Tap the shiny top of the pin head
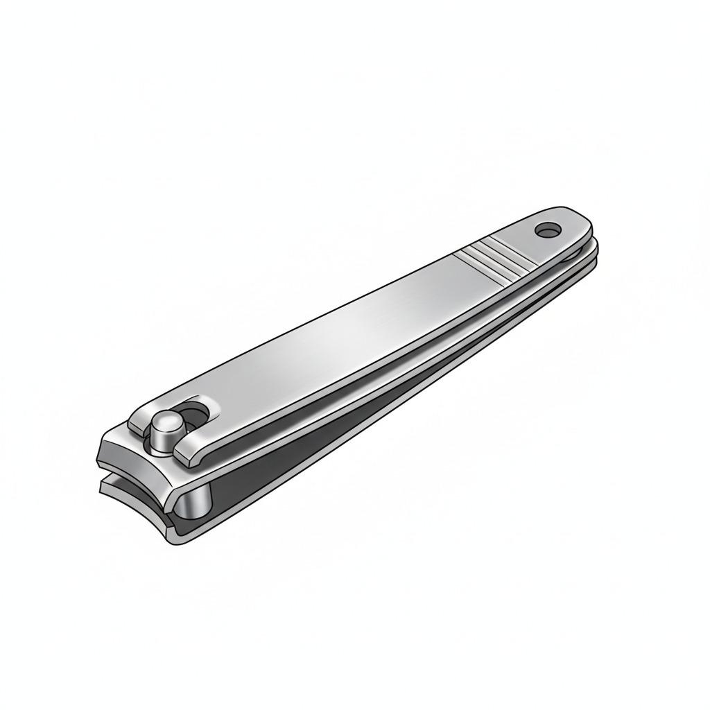click(165, 421)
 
